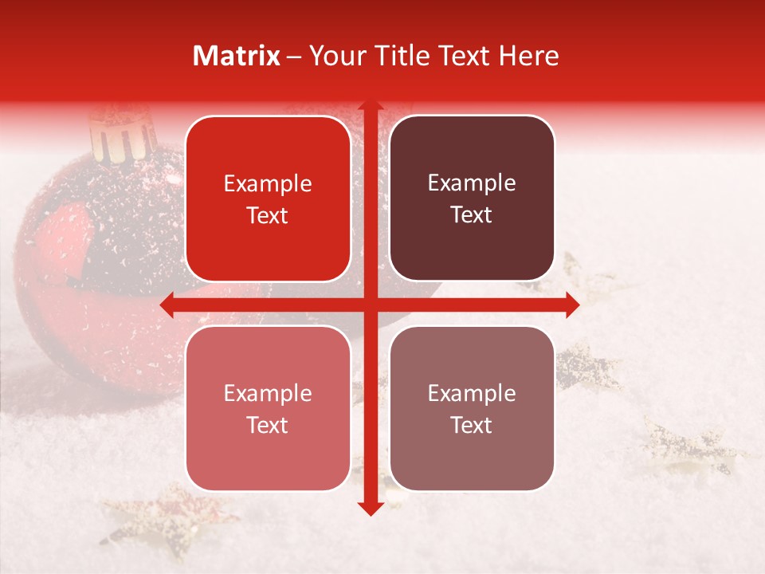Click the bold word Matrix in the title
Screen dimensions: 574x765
tap(237, 56)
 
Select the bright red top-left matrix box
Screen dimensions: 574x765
tap(268, 199)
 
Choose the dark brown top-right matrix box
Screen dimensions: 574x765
tap(472, 199)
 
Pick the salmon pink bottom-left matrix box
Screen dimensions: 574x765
tap(268, 408)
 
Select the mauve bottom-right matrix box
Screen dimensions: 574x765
tap(472, 408)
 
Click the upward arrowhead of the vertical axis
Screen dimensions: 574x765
tap(370, 107)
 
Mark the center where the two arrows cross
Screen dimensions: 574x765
tap(370, 305)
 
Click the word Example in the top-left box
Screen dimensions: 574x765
tap(268, 184)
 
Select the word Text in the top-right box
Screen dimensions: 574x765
tap(472, 215)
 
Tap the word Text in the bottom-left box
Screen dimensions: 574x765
tap(268, 425)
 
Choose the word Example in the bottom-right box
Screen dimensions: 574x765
tap(472, 393)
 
